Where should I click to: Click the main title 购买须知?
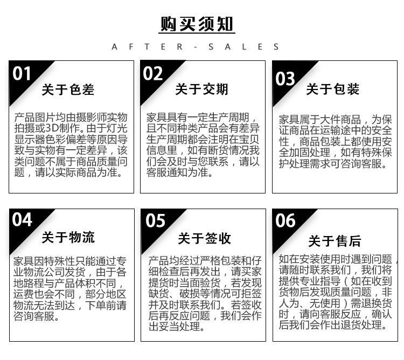coord(197,24)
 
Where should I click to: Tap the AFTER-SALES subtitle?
coord(196,47)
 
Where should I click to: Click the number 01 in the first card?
coord(22,73)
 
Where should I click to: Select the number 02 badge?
coord(153,73)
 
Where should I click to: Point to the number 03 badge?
coord(285,79)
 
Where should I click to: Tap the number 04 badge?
coord(22,219)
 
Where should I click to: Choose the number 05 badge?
coord(155,220)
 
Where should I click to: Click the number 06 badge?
coord(285,220)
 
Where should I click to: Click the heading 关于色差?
coord(68,89)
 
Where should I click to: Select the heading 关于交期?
coord(201,89)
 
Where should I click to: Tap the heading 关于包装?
coord(333,89)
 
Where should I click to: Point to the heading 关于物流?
coord(68,237)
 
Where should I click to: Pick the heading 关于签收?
coord(204,238)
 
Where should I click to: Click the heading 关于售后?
coord(335,241)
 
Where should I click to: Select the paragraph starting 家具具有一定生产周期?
coord(203,145)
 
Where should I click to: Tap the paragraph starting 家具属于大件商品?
coord(336,142)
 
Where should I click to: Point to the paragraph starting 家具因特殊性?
coord(70,289)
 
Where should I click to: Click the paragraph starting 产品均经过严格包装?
coord(205,294)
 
